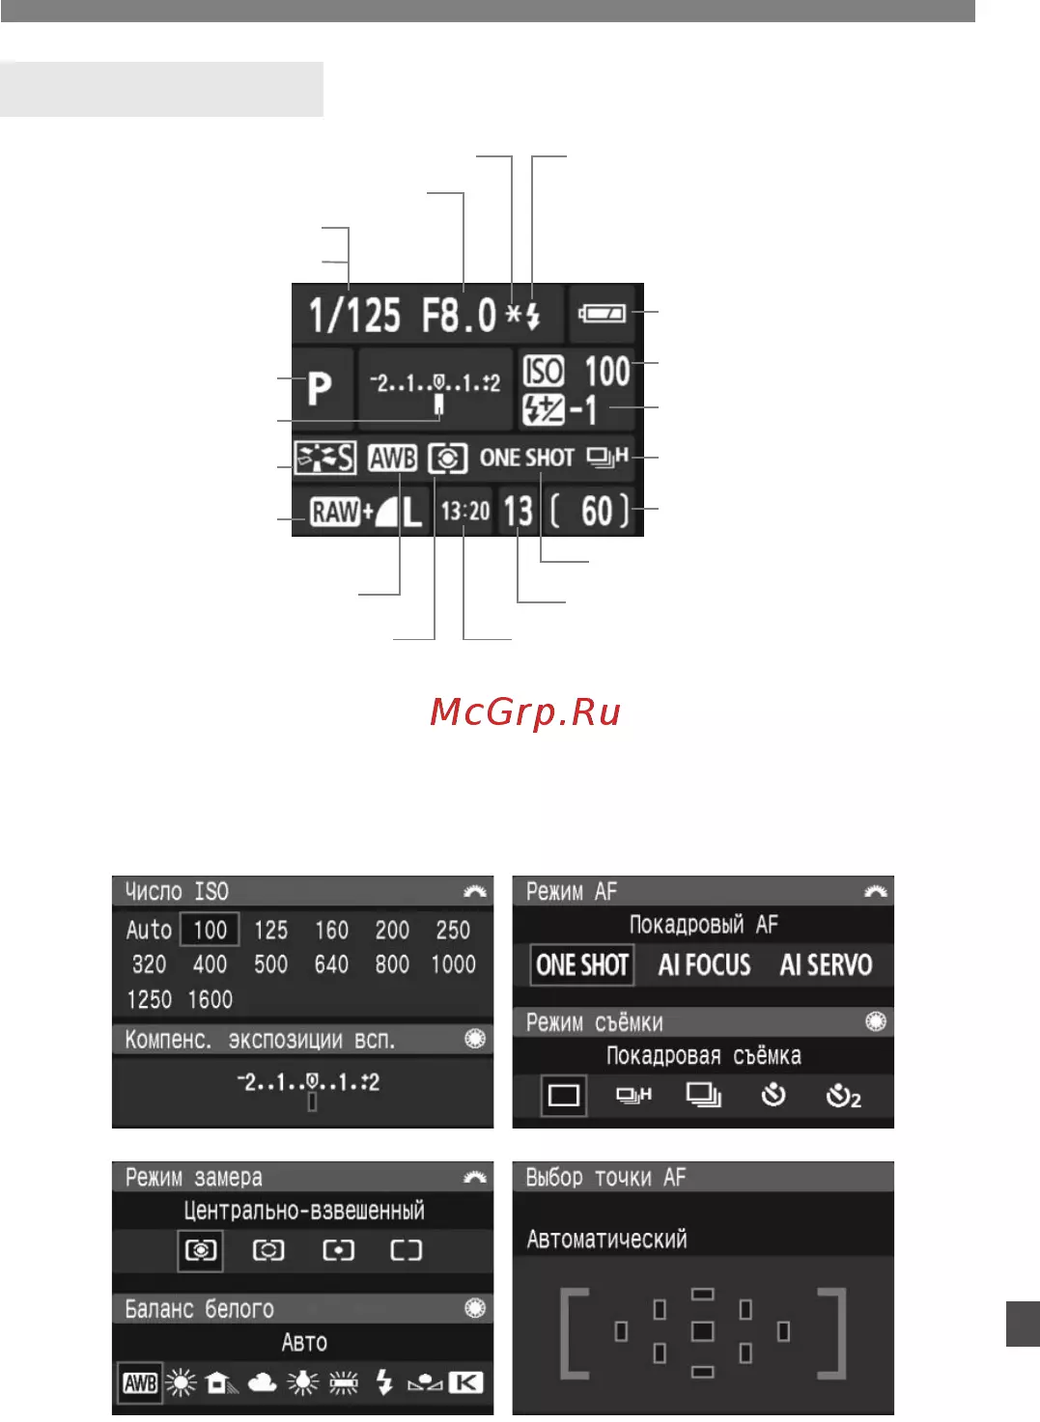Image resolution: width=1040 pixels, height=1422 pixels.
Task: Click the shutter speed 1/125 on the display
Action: pyautogui.click(x=354, y=315)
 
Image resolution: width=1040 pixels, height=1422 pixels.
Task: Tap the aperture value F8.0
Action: pyautogui.click(x=459, y=315)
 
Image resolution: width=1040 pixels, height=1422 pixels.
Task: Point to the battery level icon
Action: pyautogui.click(x=602, y=313)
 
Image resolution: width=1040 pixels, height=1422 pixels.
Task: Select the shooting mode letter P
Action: pyautogui.click(x=320, y=388)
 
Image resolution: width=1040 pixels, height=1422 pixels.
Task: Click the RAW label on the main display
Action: pyautogui.click(x=335, y=512)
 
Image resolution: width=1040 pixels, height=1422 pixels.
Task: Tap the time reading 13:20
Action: pyautogui.click(x=465, y=511)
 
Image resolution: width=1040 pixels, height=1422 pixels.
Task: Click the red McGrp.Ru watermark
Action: pyautogui.click(x=525, y=711)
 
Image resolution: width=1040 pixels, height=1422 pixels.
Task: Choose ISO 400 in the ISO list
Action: pyautogui.click(x=210, y=964)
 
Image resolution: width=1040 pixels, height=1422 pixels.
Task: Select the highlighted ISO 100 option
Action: pyautogui.click(x=210, y=930)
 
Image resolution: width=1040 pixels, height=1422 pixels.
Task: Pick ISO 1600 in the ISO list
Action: pyautogui.click(x=211, y=1000)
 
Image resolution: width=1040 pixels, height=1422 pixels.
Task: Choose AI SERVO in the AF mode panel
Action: pyautogui.click(x=826, y=965)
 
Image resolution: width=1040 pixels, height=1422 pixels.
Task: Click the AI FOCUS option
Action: pyautogui.click(x=704, y=965)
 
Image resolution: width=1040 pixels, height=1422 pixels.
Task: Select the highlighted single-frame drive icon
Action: pyautogui.click(x=563, y=1095)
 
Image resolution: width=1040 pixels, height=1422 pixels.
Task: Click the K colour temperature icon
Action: pyautogui.click(x=466, y=1382)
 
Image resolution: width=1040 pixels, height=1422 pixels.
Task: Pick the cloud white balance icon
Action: pyautogui.click(x=263, y=1382)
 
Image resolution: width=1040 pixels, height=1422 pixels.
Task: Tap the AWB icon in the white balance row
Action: pyautogui.click(x=140, y=1382)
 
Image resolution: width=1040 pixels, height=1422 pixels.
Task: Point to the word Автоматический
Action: pyautogui.click(x=607, y=1240)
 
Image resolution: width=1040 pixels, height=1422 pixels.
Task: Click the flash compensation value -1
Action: pyautogui.click(x=583, y=410)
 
